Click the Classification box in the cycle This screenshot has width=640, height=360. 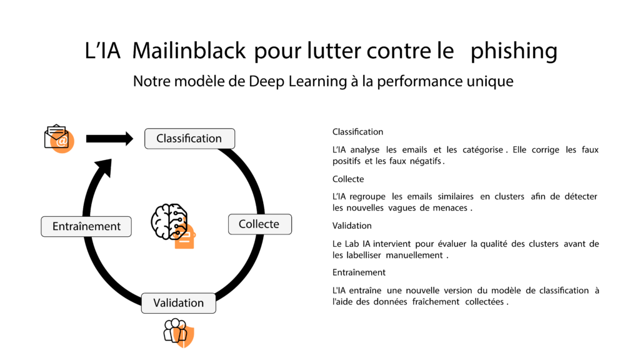[190, 139]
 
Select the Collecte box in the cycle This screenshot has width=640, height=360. [260, 224]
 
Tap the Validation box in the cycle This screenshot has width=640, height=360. [178, 303]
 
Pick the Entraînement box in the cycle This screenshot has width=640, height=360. [86, 226]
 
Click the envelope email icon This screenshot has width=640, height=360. [59, 139]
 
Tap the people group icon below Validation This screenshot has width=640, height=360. [179, 332]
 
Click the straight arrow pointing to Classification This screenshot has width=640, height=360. [109, 139]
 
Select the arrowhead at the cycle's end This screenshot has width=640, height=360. [104, 167]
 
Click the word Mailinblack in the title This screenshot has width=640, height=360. [189, 51]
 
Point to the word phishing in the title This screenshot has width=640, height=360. [514, 51]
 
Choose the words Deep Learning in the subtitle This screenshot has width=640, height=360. [297, 81]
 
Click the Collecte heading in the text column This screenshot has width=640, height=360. [348, 179]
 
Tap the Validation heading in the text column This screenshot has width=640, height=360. [352, 226]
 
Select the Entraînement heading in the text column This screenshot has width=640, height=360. [359, 272]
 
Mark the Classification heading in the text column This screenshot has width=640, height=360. [357, 132]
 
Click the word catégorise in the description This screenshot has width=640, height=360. [483, 150]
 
